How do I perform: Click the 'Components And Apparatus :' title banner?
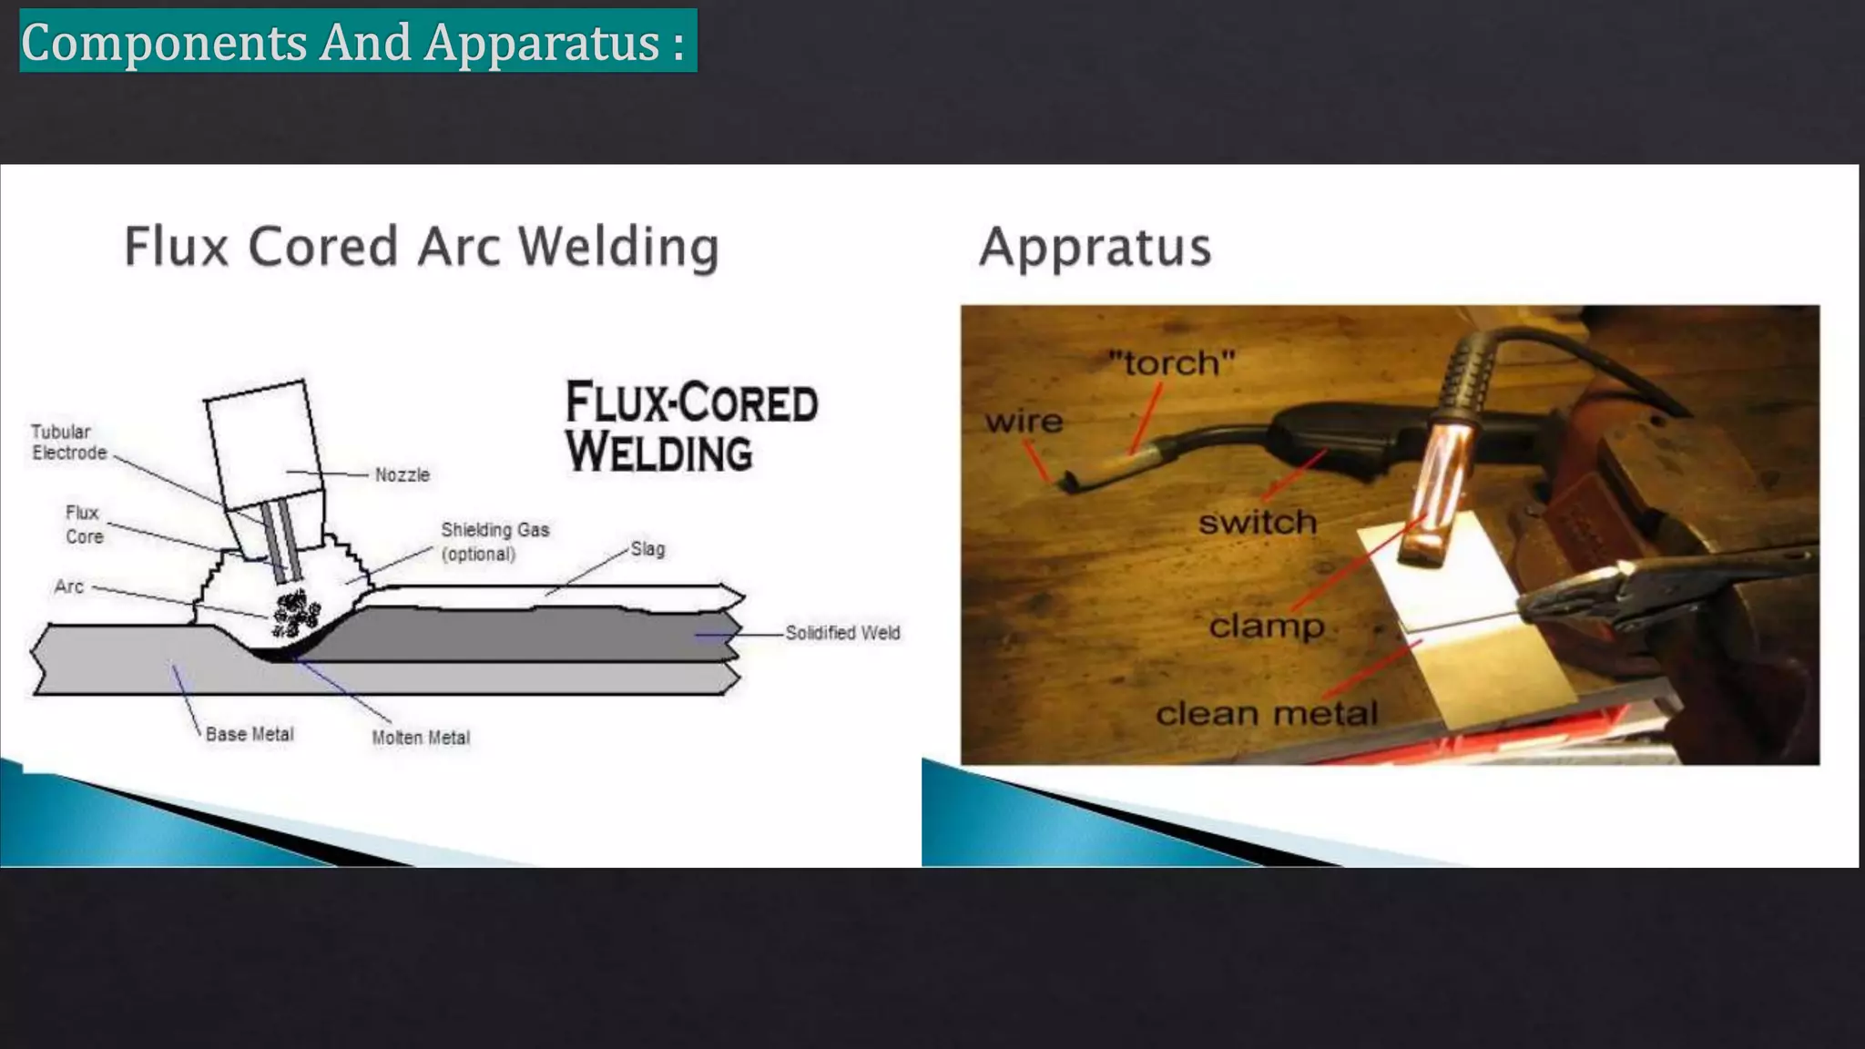click(357, 41)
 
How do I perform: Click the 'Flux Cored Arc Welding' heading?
click(422, 247)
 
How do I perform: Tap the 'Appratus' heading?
click(1096, 247)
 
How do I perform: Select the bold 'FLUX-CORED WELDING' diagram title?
click(691, 427)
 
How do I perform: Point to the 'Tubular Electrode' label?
click(68, 442)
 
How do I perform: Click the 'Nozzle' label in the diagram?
click(402, 474)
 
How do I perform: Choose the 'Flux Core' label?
click(84, 524)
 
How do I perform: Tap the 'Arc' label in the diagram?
click(69, 586)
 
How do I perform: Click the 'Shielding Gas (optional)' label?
click(494, 542)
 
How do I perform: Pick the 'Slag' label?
click(647, 549)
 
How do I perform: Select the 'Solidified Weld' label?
click(842, 633)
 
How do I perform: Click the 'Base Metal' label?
click(250, 734)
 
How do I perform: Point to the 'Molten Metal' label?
click(421, 738)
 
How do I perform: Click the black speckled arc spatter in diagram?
click(296, 612)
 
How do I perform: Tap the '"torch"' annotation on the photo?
click(1171, 363)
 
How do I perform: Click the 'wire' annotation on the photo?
click(1024, 421)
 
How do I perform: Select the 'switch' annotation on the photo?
click(1258, 522)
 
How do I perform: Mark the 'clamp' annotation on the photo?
click(1266, 626)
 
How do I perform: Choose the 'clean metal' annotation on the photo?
click(1266, 713)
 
